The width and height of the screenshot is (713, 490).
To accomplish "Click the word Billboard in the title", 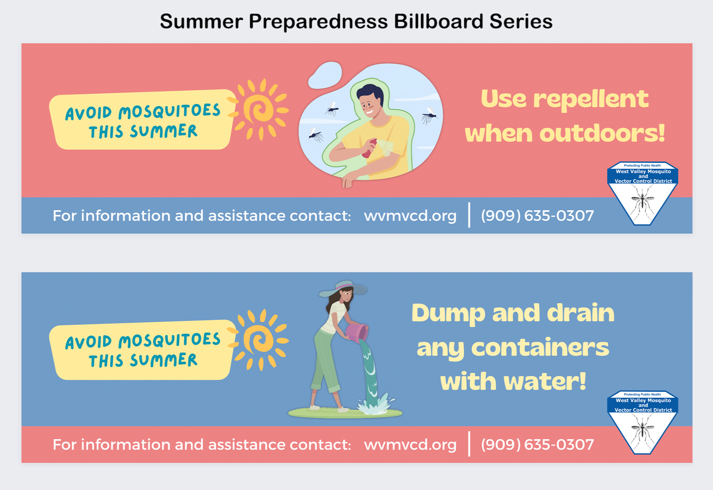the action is (439, 21).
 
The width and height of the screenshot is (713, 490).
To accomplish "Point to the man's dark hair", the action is (370, 94).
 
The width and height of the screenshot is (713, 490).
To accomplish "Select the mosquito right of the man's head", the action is (429, 115).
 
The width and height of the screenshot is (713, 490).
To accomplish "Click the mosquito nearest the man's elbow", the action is (316, 135).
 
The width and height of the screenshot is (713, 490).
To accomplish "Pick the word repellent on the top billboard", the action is (591, 99).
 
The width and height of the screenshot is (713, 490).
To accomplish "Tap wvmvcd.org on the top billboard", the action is (410, 216).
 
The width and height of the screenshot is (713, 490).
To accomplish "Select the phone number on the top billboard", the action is (537, 216).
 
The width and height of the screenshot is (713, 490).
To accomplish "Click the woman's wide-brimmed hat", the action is (343, 288).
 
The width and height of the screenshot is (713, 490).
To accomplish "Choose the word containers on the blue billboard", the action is (540, 347).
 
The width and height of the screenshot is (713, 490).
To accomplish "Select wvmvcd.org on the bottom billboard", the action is (410, 445).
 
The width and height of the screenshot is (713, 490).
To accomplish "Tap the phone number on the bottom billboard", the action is (537, 445).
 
